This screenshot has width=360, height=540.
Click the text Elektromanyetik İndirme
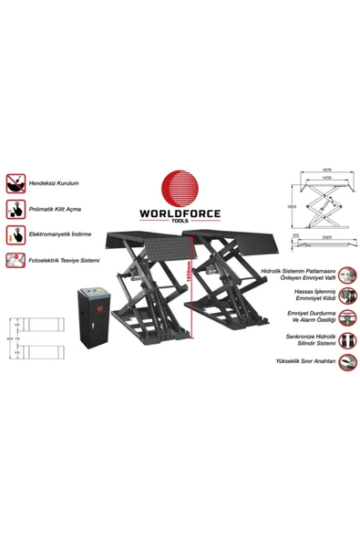pos(66,234)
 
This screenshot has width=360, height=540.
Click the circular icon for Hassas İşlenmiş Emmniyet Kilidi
pos(348,294)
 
